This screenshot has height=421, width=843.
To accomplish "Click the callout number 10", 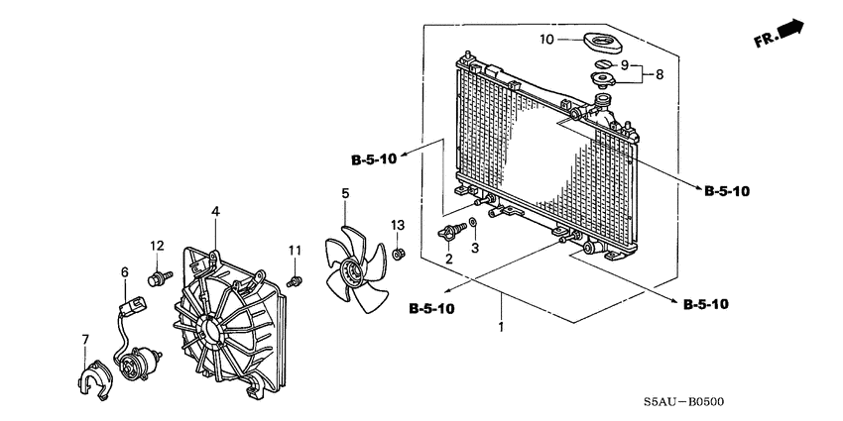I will tap(546, 40).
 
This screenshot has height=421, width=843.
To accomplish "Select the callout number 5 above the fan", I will tap(345, 193).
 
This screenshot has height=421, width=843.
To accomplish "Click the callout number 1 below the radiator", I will tap(502, 326).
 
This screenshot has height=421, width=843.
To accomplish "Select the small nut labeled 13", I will tap(398, 255).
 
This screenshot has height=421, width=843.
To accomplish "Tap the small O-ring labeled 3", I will tap(474, 224).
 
